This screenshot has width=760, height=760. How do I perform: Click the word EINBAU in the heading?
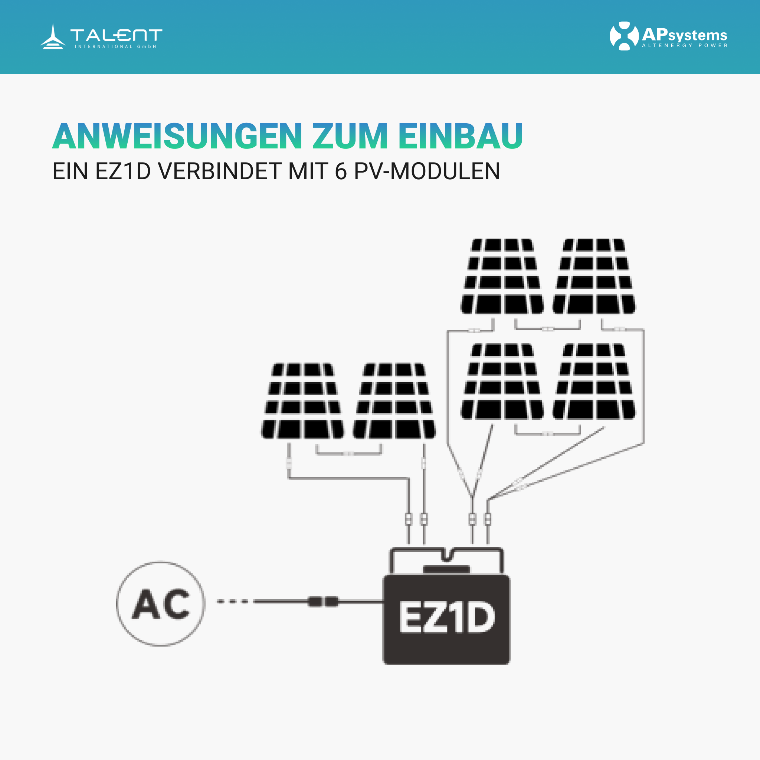pyautogui.click(x=460, y=136)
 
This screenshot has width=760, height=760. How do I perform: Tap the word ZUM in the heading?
pyautogui.click(x=350, y=136)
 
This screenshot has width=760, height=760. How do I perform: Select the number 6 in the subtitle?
pyautogui.click(x=341, y=171)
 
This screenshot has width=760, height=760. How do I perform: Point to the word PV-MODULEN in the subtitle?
pyautogui.click(x=427, y=171)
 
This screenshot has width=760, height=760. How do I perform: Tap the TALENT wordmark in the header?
pyautogui.click(x=116, y=35)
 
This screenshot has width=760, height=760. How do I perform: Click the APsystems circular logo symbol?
pyautogui.click(x=624, y=36)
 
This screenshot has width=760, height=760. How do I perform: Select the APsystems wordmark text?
pyautogui.click(x=684, y=35)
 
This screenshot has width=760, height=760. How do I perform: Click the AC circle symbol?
pyautogui.click(x=160, y=604)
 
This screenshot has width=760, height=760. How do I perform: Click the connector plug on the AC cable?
pyautogui.click(x=323, y=602)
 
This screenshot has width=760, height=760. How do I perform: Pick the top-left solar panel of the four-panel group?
pyautogui.click(x=502, y=276)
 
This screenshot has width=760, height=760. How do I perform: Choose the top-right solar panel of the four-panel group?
pyautogui.click(x=594, y=276)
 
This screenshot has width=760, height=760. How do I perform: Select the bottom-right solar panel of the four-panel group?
pyautogui.click(x=594, y=381)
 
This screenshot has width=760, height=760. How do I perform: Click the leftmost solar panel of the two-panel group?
pyautogui.click(x=302, y=401)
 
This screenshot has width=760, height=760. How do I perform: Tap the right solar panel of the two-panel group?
pyautogui.click(x=394, y=401)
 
